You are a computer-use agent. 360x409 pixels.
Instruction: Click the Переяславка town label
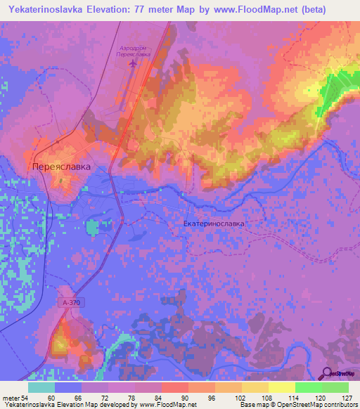[x=62, y=167]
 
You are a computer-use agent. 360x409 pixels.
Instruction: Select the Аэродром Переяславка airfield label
[x=134, y=51]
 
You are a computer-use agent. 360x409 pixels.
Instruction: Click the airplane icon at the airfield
[x=134, y=64]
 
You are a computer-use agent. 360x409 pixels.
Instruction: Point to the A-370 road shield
[x=70, y=301]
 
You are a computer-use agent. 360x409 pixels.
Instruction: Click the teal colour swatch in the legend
[x=41, y=387]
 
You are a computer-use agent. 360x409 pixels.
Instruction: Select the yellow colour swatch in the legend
[x=281, y=387]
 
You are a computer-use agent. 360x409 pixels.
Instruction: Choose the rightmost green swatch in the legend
[x=335, y=387]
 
